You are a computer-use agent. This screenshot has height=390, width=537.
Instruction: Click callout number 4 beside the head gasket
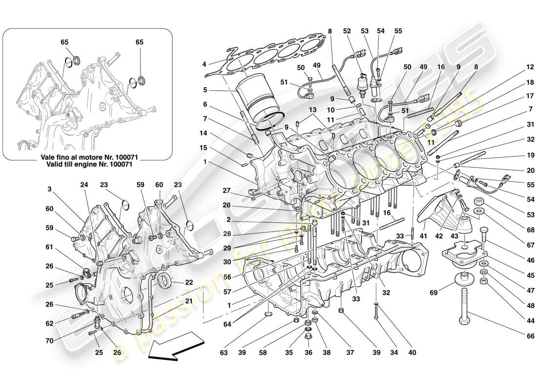click(x=205, y=64)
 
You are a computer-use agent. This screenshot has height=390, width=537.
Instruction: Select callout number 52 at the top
click(x=347, y=31)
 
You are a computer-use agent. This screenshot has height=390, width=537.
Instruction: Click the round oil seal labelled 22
click(x=164, y=281)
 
